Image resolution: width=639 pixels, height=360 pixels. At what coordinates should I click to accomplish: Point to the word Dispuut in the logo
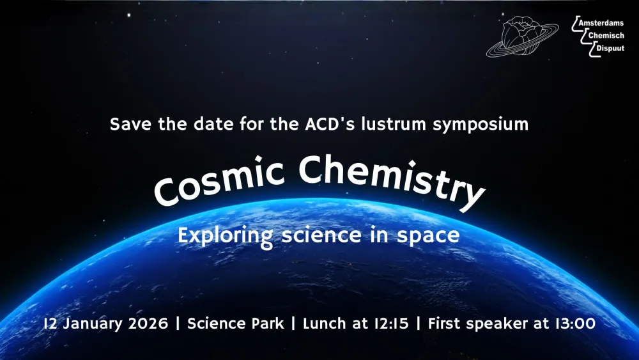pyautogui.click(x=610, y=48)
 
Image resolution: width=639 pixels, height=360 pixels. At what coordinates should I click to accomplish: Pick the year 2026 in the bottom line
pyautogui.click(x=147, y=324)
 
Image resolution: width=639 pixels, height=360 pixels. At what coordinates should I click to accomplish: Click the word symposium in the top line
pyautogui.click(x=481, y=124)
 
